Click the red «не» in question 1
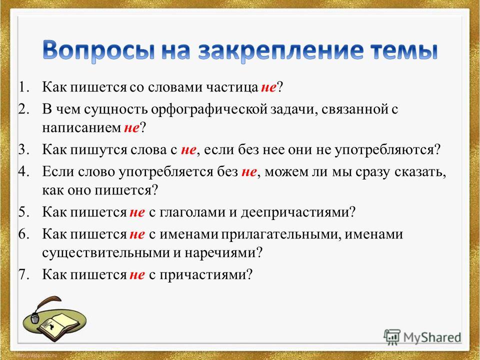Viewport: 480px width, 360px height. (268, 88)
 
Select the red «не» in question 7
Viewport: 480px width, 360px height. (137, 275)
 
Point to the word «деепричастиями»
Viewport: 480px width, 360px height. (294, 212)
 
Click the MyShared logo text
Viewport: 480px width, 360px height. (432, 337)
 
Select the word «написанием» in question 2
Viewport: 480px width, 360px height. (81, 128)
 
